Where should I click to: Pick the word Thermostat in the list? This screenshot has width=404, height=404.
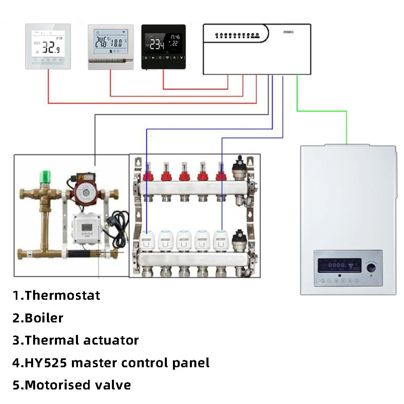click(x=62, y=295)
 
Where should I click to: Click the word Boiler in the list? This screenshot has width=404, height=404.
click(x=44, y=318)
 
